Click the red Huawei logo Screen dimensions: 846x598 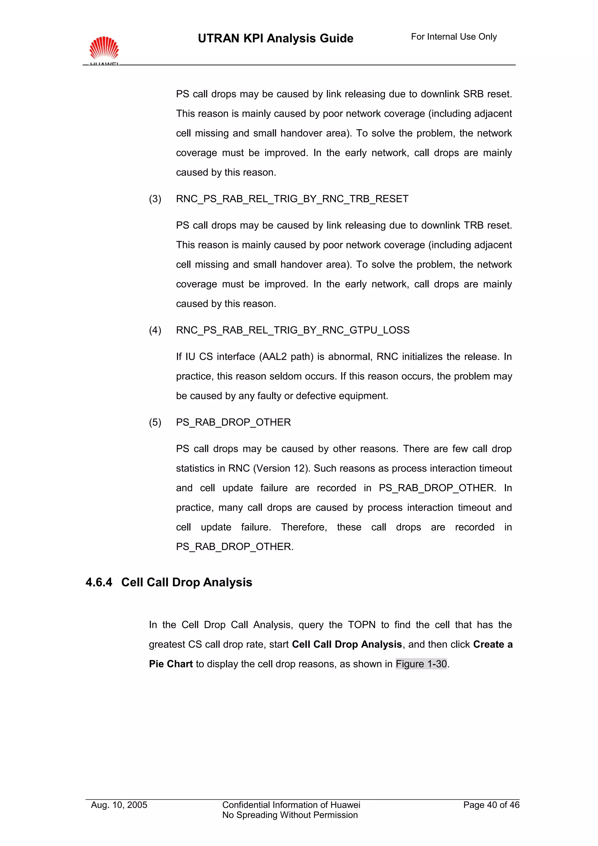click(x=104, y=49)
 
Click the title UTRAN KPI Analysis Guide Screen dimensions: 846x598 click(x=275, y=38)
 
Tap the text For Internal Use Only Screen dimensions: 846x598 click(x=453, y=37)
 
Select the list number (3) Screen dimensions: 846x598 click(x=155, y=199)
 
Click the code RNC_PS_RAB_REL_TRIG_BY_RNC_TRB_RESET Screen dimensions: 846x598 click(x=292, y=199)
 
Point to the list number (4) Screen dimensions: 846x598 click(x=155, y=330)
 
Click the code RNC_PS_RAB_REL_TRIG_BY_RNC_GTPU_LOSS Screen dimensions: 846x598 click(x=293, y=330)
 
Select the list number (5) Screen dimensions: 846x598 click(x=155, y=422)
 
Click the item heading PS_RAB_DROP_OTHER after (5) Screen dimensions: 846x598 click(x=233, y=422)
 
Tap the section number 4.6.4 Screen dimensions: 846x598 click(x=99, y=582)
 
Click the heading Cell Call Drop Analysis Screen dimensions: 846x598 click(x=187, y=582)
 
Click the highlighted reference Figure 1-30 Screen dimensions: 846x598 click(x=421, y=664)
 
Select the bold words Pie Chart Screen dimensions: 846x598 click(x=171, y=664)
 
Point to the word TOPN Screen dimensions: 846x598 click(x=361, y=625)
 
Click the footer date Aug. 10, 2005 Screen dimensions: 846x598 click(x=119, y=805)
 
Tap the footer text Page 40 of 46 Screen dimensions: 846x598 click(x=491, y=805)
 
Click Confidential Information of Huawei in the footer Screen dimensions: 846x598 click(x=291, y=805)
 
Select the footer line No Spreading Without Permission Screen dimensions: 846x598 click(x=290, y=815)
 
